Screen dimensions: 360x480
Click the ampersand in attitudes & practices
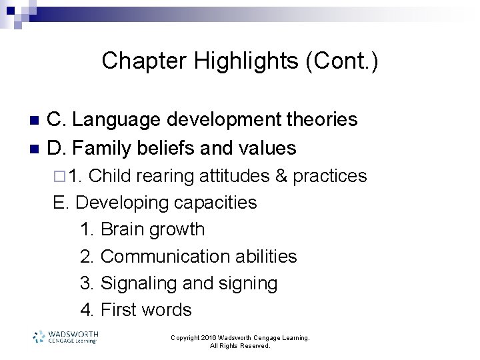pyautogui.click(x=281, y=176)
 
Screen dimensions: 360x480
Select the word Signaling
pyautogui.click(x=139, y=283)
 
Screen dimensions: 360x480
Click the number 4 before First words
pyautogui.click(x=85, y=310)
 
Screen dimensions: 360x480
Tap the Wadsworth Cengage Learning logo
pyautogui.click(x=65, y=337)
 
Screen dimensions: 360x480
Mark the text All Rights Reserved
pyautogui.click(x=240, y=346)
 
